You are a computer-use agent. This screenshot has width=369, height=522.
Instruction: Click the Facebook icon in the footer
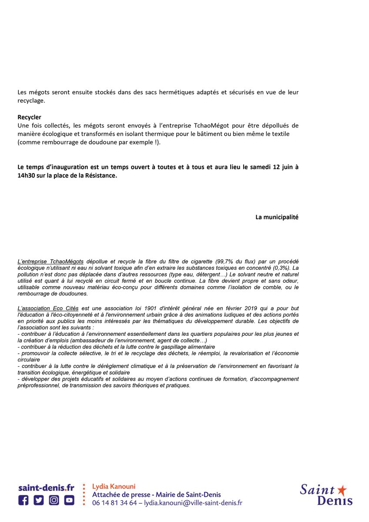pos(23,500)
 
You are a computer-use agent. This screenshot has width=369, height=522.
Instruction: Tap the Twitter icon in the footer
pos(39,500)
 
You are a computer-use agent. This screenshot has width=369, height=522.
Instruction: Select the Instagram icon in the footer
pos(54,500)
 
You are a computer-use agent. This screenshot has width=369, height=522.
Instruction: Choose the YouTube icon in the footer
pos(69,500)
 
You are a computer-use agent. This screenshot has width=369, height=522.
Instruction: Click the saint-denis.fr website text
pos(46,488)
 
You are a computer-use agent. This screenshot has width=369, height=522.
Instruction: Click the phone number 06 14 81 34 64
pos(114,503)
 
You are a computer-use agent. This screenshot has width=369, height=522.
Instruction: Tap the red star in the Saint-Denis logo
pos(342,490)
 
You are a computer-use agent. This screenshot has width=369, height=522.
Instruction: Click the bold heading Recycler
pos(30,117)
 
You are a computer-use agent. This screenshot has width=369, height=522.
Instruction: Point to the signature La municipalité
pos(277,217)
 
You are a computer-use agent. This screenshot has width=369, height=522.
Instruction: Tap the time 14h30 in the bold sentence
pos(27,176)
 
